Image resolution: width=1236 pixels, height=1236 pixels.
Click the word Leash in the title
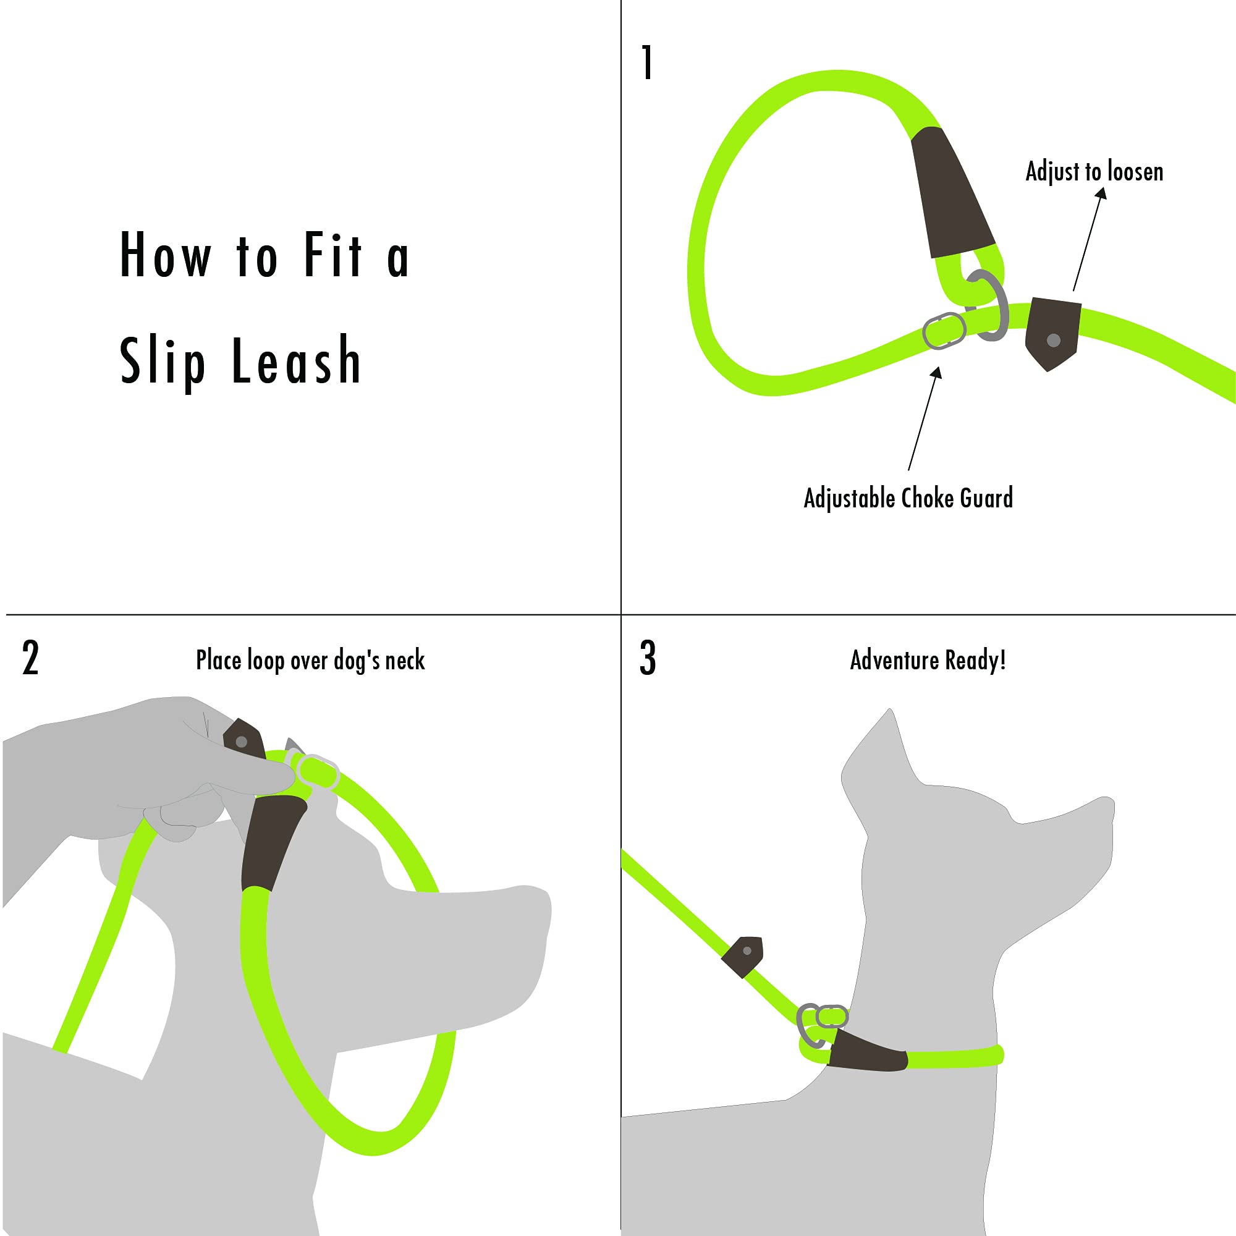pos(295,362)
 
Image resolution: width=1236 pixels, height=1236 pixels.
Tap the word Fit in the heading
pos(333,255)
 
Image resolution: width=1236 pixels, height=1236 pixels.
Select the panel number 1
pos(648,62)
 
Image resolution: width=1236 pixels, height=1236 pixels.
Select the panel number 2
pos(30,658)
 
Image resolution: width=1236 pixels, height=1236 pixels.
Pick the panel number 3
pos(648,658)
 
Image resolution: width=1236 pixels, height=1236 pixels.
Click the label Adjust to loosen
pos(1094,172)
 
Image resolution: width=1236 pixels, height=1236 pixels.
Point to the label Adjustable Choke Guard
pos(908,498)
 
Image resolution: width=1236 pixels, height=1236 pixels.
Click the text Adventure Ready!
pos(928,660)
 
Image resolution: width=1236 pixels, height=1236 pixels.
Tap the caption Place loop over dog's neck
pos(310,660)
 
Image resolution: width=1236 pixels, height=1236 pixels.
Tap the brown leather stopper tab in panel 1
pos(1052,332)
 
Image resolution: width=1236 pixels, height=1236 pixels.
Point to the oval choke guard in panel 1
pos(944,331)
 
